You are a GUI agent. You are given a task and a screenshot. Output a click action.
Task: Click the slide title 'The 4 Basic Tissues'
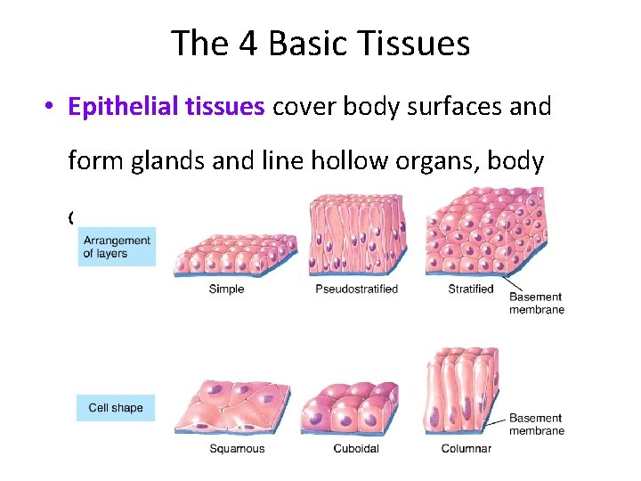tap(320, 43)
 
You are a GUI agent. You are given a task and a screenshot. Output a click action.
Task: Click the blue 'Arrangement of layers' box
tap(117, 247)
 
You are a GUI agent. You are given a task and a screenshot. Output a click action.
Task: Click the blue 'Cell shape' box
tap(116, 408)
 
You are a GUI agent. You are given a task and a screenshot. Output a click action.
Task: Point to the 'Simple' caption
tap(226, 289)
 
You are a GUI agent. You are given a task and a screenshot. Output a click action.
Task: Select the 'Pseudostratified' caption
tap(356, 289)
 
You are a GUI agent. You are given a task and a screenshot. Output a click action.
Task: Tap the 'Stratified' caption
tap(471, 289)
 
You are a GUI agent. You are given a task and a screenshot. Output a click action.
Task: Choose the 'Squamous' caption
tap(237, 449)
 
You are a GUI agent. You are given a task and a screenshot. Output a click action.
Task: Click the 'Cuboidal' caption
tap(355, 449)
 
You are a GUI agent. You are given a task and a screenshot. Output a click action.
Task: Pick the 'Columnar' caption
tap(467, 449)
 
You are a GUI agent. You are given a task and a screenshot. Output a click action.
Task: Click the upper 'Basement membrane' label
tap(536, 304)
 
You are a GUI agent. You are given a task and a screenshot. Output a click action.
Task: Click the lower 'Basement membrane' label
tap(536, 425)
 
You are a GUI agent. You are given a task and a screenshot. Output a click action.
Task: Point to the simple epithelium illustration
tap(236, 253)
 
